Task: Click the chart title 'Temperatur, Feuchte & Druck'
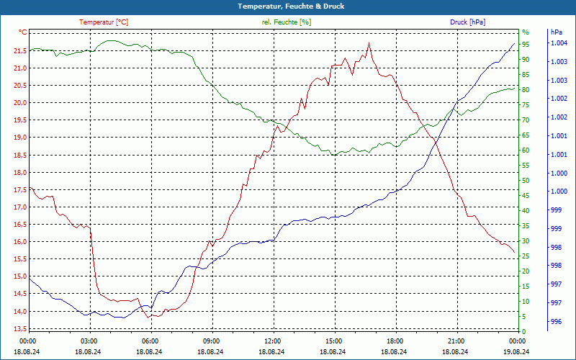(287, 6)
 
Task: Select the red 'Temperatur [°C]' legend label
(104, 22)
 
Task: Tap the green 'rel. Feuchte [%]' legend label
(287, 22)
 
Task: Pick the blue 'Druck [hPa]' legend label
(467, 22)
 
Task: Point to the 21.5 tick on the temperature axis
(19, 50)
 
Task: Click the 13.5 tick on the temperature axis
(19, 329)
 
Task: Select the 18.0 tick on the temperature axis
(19, 172)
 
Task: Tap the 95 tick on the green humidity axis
(526, 45)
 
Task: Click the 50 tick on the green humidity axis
(526, 181)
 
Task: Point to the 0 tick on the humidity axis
(523, 332)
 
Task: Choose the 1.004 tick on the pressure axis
(559, 43)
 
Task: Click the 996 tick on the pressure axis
(556, 322)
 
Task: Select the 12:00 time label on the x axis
(273, 341)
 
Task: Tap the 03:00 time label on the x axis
(89, 341)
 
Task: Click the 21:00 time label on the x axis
(456, 341)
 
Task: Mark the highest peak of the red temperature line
(369, 43)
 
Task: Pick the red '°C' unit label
(22, 32)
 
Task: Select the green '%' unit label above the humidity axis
(525, 32)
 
